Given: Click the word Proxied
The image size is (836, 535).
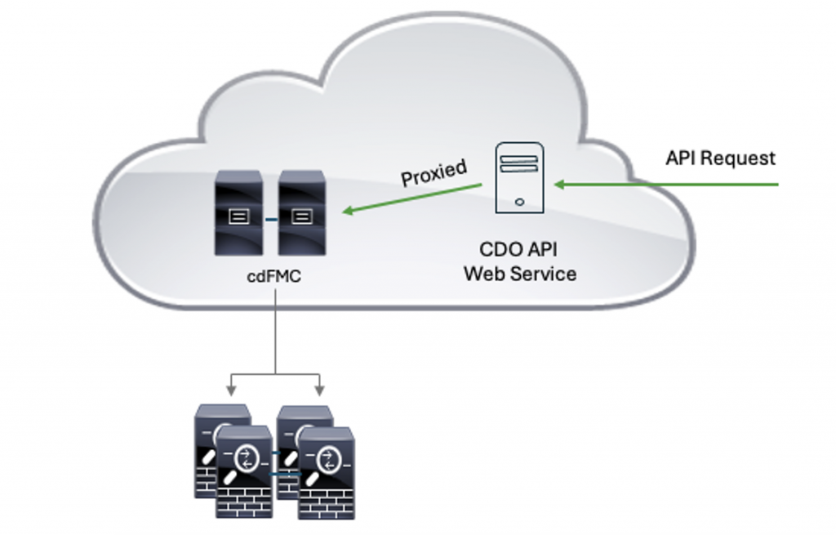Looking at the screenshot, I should (434, 172).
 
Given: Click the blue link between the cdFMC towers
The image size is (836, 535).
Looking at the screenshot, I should (270, 218).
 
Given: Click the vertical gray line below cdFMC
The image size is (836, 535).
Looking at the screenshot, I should (275, 335).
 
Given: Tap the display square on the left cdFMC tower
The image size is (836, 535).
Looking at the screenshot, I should (238, 217).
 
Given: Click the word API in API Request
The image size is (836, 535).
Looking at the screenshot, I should (680, 158).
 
